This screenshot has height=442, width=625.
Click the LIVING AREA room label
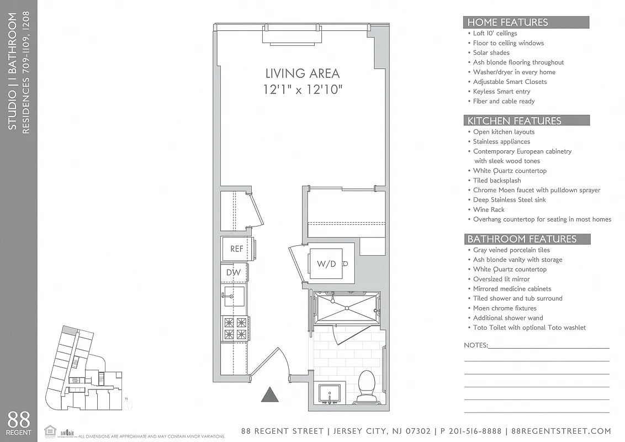[303, 73]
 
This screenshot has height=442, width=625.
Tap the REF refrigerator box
[237, 249]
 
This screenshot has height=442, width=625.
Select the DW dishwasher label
[233, 272]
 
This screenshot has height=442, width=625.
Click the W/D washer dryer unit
[327, 264]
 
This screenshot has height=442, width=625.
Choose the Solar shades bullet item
[491, 53]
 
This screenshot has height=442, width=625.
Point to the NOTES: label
[476, 345]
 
